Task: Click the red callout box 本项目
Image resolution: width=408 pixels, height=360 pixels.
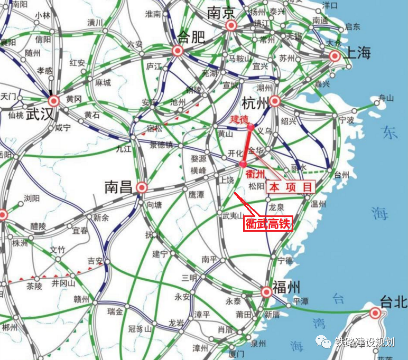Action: [x=291, y=187]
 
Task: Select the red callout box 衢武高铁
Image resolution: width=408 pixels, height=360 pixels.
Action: [x=267, y=223]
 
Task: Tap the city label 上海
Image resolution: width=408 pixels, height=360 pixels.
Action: [x=358, y=53]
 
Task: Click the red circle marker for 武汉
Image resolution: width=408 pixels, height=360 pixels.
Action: [x=54, y=101]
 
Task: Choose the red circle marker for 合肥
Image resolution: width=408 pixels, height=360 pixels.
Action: [x=177, y=51]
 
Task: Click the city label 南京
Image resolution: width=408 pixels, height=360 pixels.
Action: [x=220, y=12]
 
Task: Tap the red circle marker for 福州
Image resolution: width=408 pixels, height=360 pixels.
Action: [x=267, y=292]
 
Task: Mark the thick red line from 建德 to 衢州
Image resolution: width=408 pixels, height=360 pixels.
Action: [x=247, y=145]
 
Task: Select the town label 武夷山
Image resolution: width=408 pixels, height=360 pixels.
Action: [x=233, y=215]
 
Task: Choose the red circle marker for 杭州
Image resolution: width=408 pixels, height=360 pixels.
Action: [x=275, y=101]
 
